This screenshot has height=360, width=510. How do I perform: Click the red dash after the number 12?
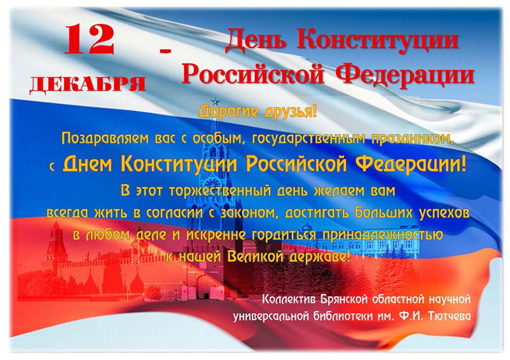165,50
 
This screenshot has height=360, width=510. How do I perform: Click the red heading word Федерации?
405,74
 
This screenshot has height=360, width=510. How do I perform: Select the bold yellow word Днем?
87,164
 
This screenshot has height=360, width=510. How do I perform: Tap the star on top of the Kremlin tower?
215,101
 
